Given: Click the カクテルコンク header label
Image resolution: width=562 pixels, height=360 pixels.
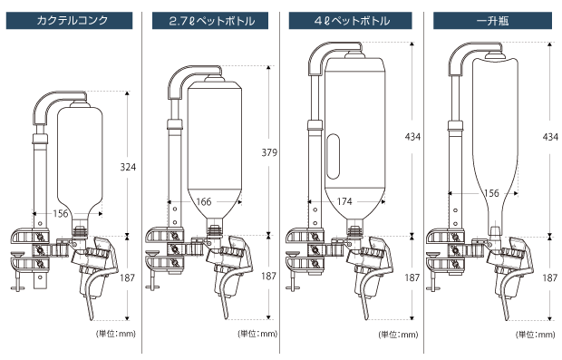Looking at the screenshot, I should [72, 19].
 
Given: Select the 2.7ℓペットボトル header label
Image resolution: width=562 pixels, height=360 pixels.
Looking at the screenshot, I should [211, 19].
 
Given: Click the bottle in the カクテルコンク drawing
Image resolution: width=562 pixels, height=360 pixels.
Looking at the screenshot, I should [80, 159].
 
